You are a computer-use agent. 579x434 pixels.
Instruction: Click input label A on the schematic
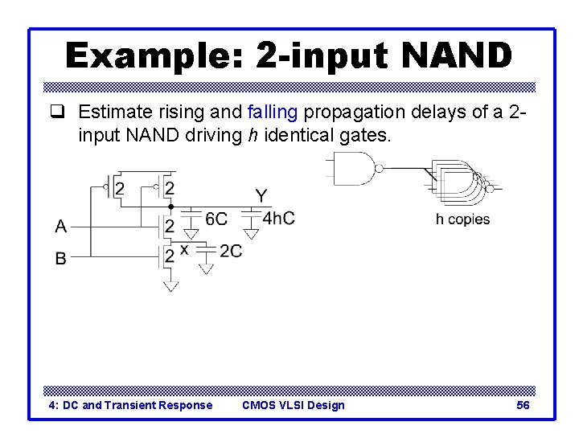point(61,227)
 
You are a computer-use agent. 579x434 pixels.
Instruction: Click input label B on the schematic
point(61,259)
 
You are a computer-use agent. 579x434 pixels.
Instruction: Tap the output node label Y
point(261,195)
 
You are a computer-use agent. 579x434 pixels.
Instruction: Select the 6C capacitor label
point(216,219)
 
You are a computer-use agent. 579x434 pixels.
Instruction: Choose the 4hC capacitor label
point(278,219)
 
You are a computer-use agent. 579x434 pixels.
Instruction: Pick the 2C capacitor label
point(231,252)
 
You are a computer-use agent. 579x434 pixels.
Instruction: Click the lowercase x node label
point(185,250)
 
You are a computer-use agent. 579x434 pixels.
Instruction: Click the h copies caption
point(462,219)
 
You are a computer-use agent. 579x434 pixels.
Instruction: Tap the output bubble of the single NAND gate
point(379,168)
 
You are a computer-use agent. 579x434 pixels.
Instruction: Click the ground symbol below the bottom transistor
point(170,285)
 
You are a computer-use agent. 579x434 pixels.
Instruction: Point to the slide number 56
point(523,405)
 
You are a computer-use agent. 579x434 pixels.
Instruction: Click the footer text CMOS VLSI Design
point(293,405)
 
